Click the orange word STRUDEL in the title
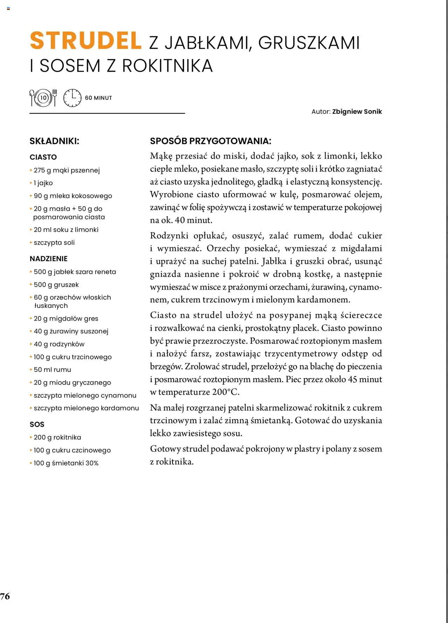86,41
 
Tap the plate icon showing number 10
43,98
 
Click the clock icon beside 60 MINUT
72,98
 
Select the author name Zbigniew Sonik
357,112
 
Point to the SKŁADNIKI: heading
54,141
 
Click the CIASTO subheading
43,157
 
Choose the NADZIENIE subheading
48,259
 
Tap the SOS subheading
37,425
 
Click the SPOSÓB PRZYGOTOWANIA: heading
210,141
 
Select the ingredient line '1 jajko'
43,183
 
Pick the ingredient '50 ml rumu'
52,370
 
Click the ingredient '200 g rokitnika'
57,437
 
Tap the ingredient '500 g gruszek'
56,285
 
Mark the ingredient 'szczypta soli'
54,243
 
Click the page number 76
5,596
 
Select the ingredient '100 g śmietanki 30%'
66,463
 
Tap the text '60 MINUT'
98,98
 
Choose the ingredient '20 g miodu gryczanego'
72,383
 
